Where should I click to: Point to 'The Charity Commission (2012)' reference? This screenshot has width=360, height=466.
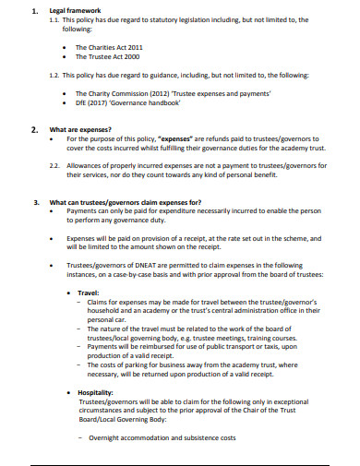point(119,93)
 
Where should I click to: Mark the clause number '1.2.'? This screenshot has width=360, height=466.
point(56,74)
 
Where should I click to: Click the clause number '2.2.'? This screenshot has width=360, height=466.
point(56,164)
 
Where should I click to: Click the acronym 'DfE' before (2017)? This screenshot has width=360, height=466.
point(82,103)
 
